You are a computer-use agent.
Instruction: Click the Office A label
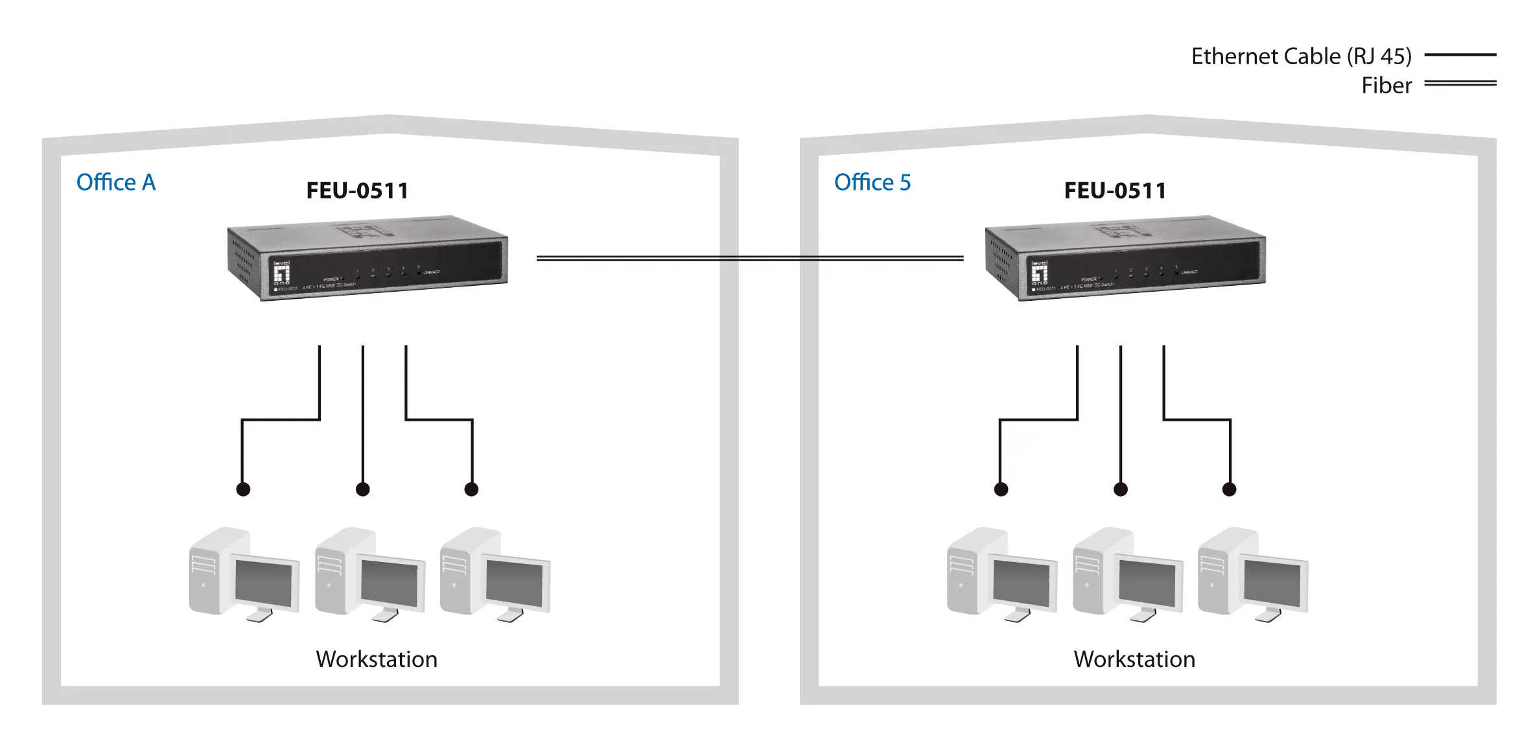(x=116, y=183)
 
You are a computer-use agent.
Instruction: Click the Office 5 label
(x=872, y=183)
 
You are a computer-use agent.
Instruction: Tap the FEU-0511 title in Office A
(x=357, y=191)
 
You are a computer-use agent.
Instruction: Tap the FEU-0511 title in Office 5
(x=1115, y=191)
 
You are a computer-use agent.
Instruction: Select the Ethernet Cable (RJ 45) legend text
(x=1301, y=56)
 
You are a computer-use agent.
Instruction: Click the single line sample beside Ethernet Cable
(x=1460, y=55)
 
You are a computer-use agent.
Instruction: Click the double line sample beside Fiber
(x=1460, y=83)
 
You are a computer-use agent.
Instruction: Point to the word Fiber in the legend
(x=1386, y=86)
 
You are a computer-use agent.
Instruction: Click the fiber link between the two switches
(x=749, y=258)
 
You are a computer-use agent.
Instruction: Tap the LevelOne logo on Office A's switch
(x=281, y=273)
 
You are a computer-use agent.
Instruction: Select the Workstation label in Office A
(x=377, y=659)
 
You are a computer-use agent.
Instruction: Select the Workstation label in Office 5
(x=1134, y=659)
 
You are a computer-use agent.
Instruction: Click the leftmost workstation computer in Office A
(x=244, y=574)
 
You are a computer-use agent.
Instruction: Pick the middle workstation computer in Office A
(x=369, y=574)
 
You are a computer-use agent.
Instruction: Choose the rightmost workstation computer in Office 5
(x=1252, y=574)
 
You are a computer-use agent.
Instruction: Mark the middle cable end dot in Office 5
(x=1121, y=489)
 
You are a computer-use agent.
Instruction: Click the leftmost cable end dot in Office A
(x=243, y=489)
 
